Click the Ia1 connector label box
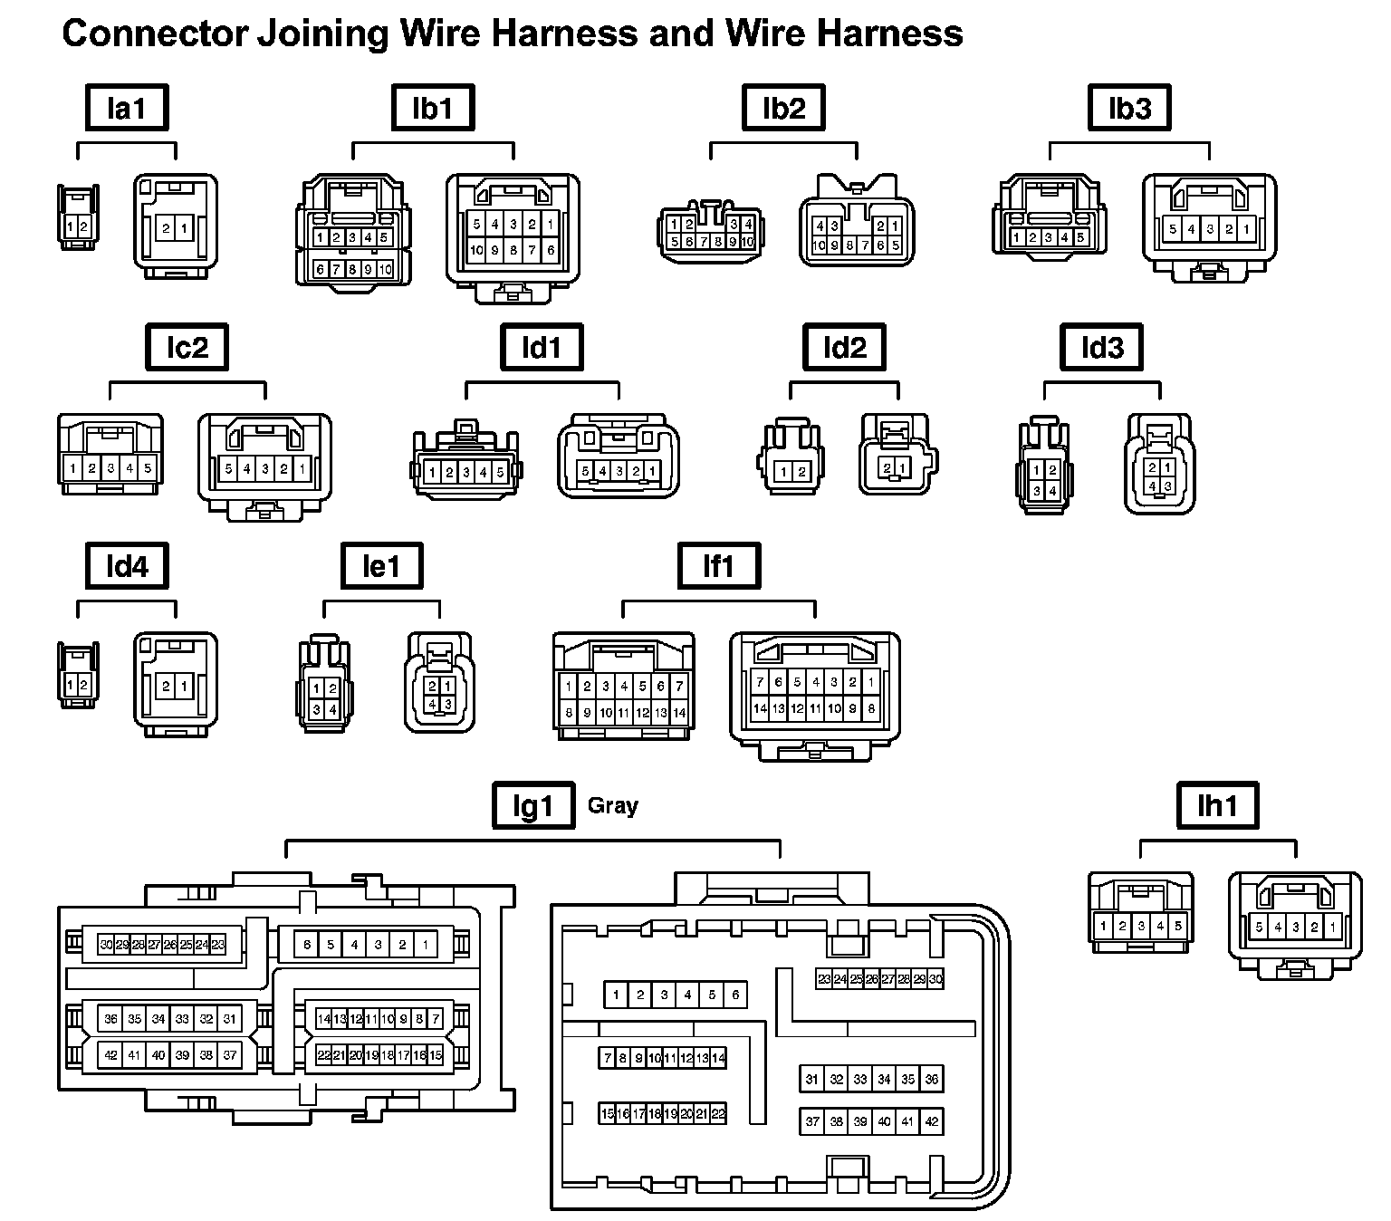coord(127,109)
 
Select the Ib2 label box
coord(783,109)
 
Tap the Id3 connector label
coord(1101,348)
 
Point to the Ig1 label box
coord(533,805)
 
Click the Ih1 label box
coord(1217,805)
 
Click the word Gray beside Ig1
coord(613,805)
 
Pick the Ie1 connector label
coord(381,567)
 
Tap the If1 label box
coord(719,567)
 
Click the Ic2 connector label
coord(187,348)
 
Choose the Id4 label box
coord(127,567)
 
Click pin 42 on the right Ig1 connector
coord(932,1121)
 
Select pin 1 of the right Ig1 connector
coord(616,995)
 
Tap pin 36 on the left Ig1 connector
coord(110,1018)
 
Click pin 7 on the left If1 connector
coord(679,687)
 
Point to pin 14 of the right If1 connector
coord(761,708)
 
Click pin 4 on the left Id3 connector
coord(1052,491)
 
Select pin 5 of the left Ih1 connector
coord(1177,926)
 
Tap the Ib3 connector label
coord(1129,109)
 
